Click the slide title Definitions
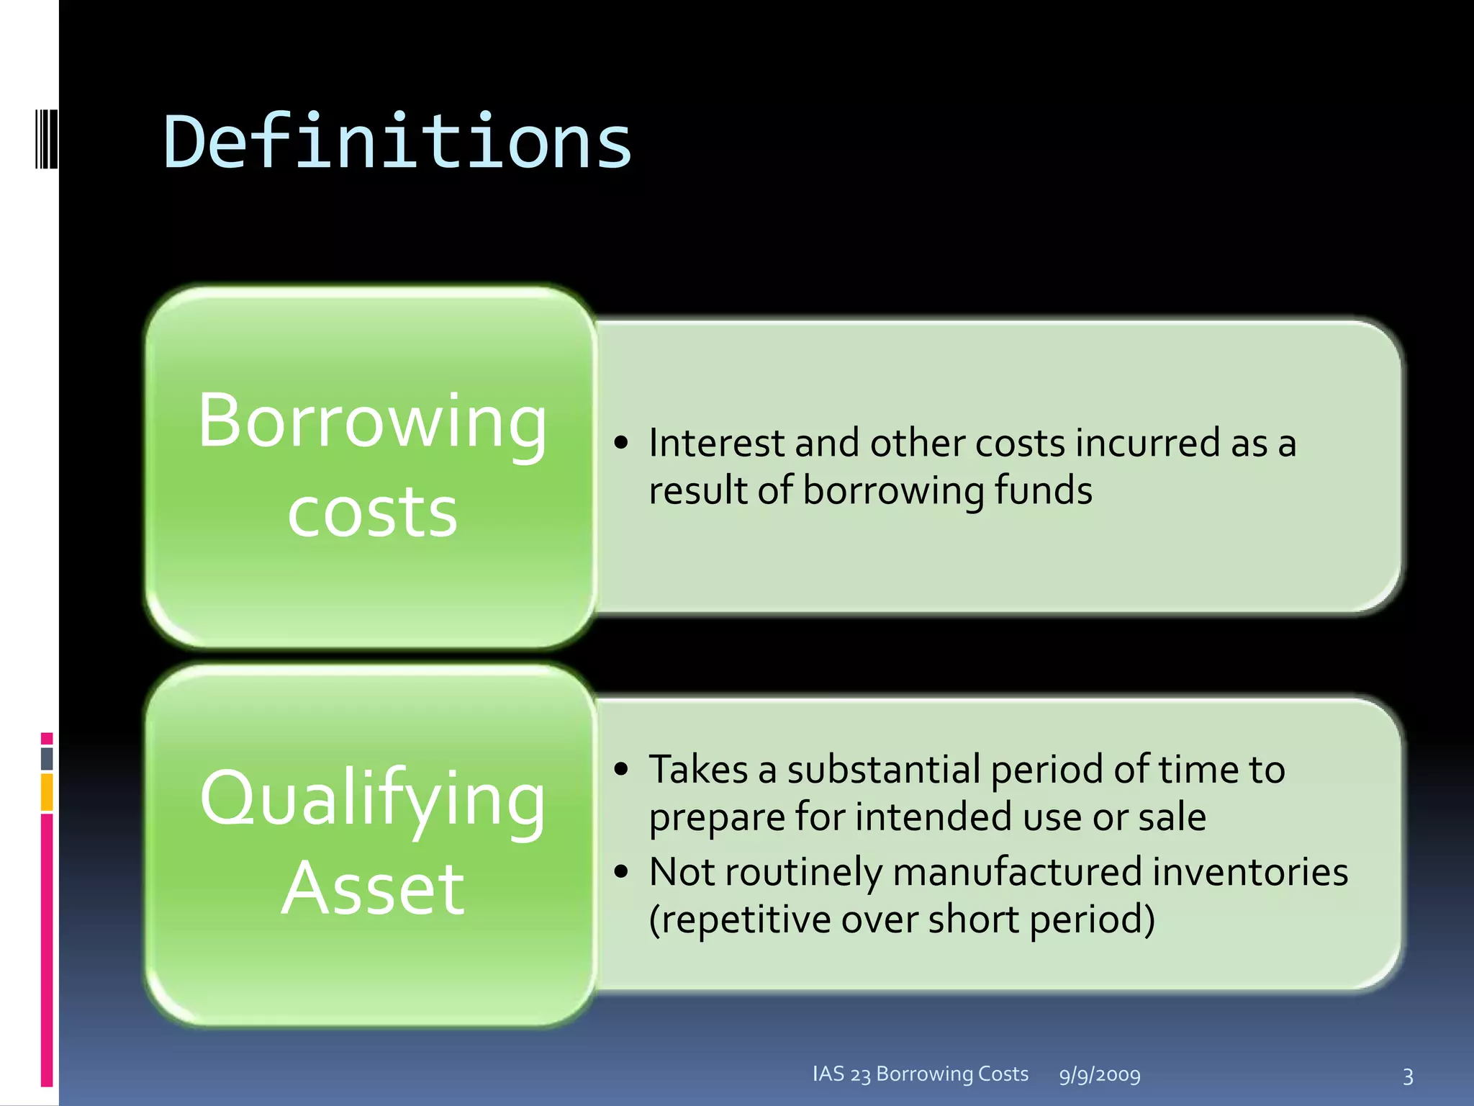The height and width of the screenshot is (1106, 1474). tap(397, 142)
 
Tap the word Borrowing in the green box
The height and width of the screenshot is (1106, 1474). tap(372, 423)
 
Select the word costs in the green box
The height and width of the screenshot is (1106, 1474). tap(372, 512)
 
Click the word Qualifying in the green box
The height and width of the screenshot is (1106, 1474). tap(372, 799)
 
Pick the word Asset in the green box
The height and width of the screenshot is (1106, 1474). tap(372, 889)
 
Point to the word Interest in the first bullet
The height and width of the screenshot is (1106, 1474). tap(717, 443)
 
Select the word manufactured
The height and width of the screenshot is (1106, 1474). tap(1017, 872)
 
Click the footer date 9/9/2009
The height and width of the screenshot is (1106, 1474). tap(1100, 1075)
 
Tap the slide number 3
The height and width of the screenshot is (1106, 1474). tap(1408, 1076)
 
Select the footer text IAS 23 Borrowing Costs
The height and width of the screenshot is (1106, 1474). tap(920, 1074)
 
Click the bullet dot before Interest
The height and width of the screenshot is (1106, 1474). tap(622, 443)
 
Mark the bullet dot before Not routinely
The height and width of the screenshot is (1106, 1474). tap(622, 872)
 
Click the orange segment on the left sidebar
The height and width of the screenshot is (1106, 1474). tap(47, 792)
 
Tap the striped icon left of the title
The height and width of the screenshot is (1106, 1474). tap(46, 138)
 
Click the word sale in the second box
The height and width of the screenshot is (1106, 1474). tap(1172, 817)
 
